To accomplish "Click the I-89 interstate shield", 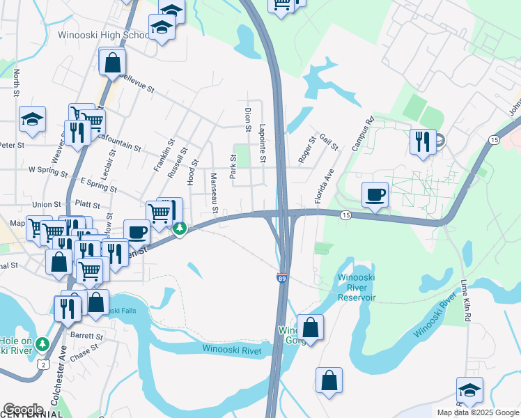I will (x=281, y=277).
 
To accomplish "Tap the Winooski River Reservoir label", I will (x=356, y=288).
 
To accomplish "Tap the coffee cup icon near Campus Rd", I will (x=375, y=194).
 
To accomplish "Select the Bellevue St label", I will (x=125, y=87).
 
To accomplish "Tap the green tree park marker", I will (x=180, y=228).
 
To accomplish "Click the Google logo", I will (x=23, y=409).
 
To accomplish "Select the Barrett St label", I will (x=86, y=336).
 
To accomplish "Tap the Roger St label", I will (x=306, y=149).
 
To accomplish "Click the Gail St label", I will (x=328, y=143).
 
